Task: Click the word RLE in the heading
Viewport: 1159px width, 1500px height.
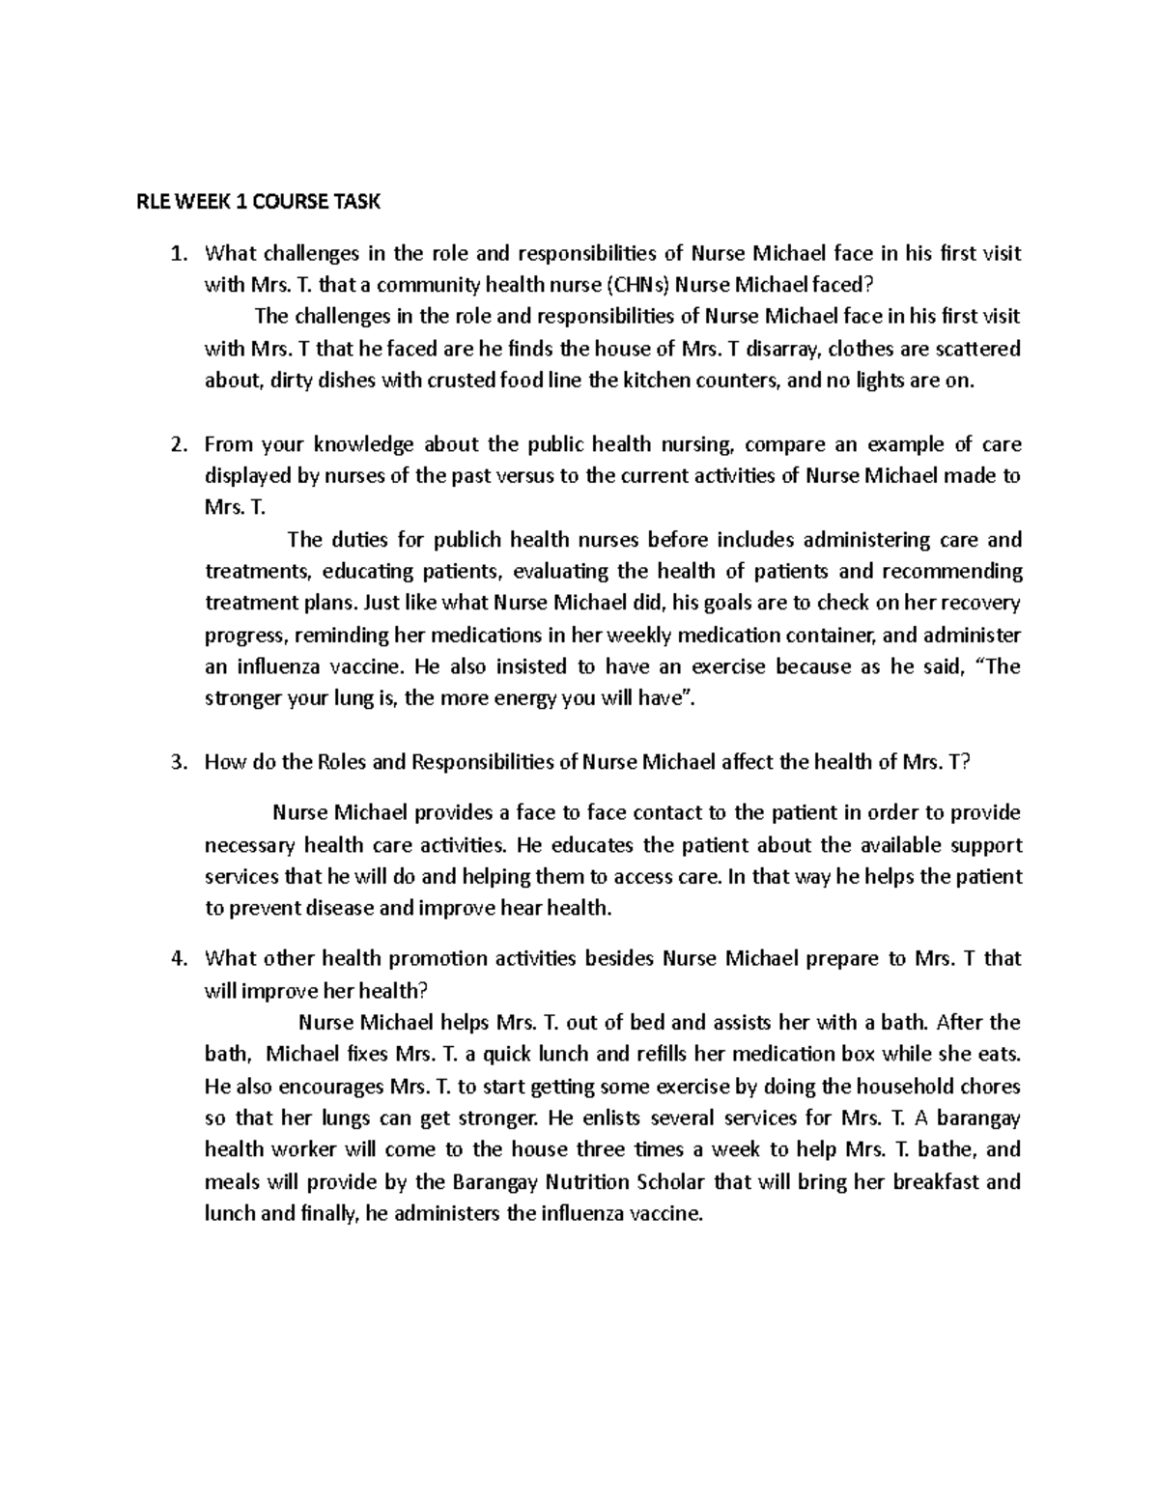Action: tap(150, 202)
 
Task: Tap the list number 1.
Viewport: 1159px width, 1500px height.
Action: tap(176, 254)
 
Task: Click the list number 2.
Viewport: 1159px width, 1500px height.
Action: tap(176, 444)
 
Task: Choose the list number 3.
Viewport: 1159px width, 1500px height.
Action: tap(176, 762)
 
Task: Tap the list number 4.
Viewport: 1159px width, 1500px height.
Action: tap(176, 959)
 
